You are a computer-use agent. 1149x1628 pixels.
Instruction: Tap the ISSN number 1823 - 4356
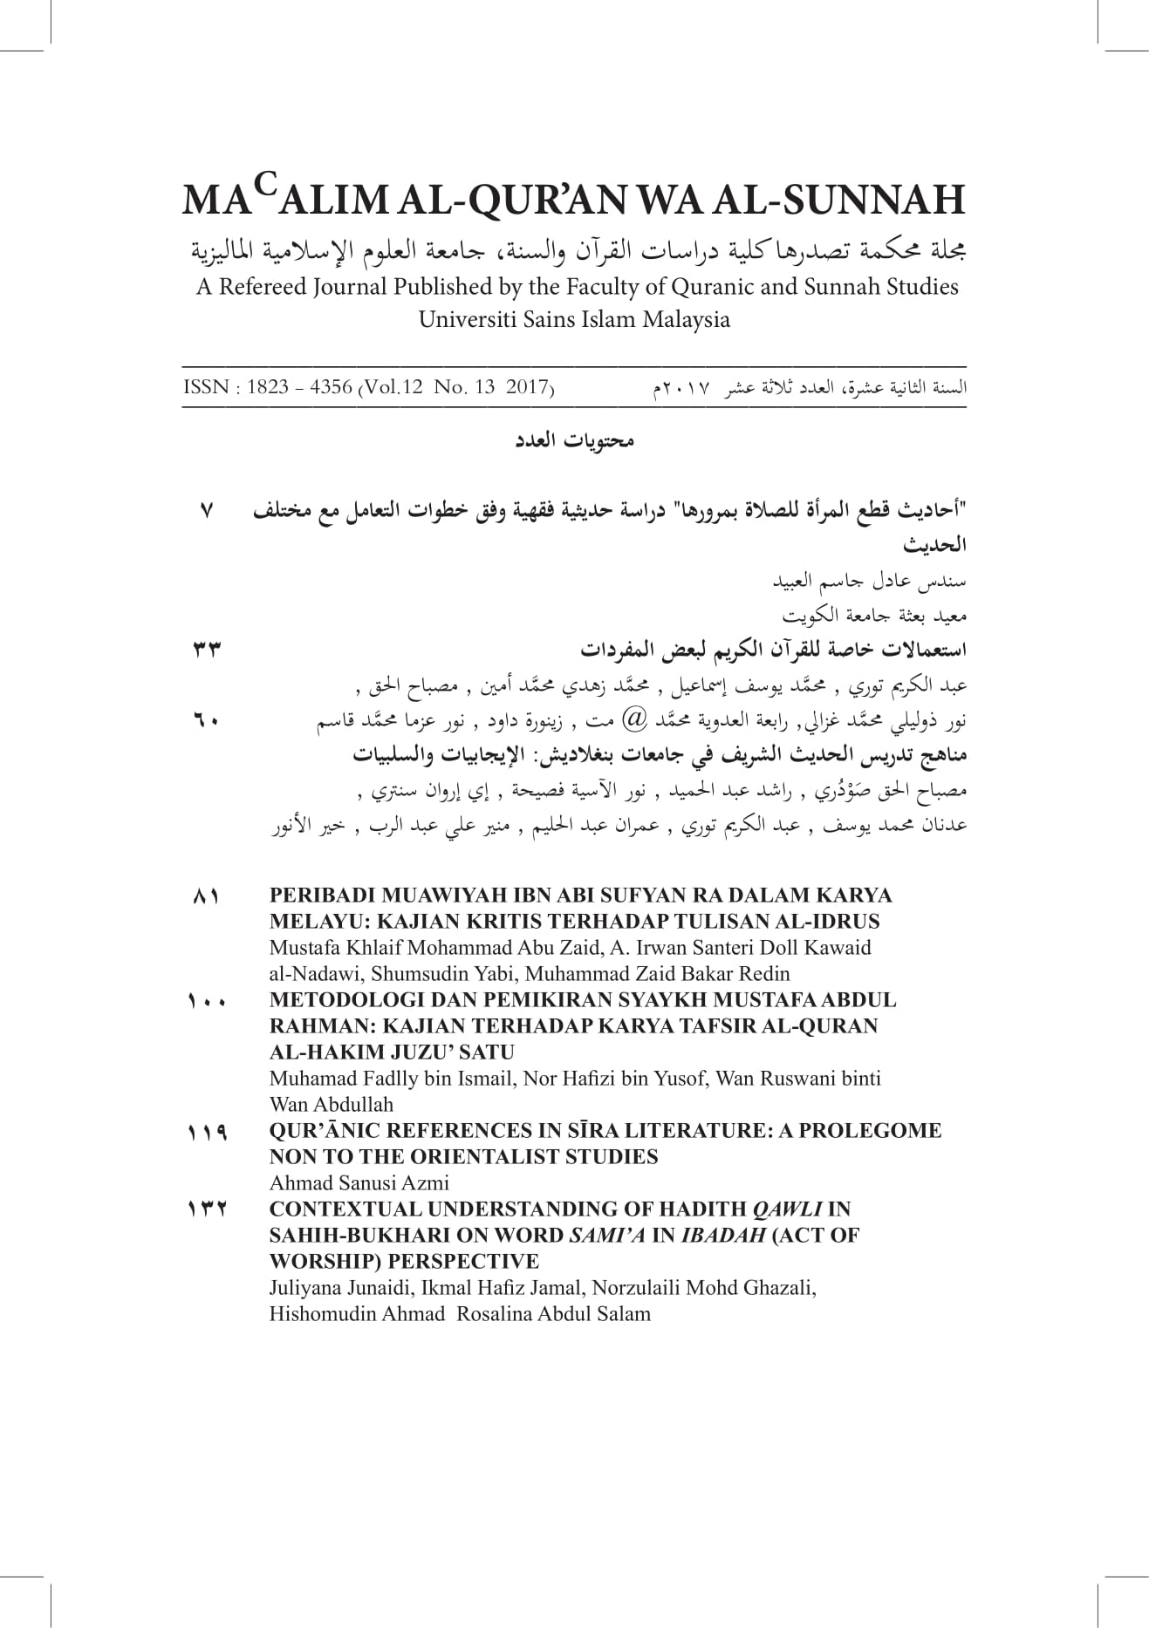[299, 387]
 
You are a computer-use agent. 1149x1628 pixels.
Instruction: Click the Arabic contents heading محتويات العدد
[574, 441]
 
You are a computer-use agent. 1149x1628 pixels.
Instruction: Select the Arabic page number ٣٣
[206, 651]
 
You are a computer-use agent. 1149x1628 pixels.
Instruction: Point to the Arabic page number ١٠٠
[206, 1001]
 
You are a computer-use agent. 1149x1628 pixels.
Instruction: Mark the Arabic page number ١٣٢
[207, 1210]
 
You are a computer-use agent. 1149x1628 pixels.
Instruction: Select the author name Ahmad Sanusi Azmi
[359, 1183]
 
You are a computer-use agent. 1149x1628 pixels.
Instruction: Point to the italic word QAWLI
[787, 1209]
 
